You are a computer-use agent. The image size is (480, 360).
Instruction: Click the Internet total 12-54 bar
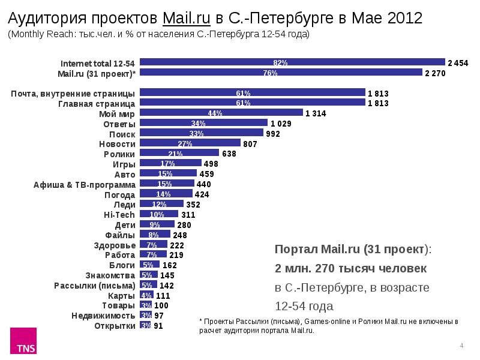tap(292, 62)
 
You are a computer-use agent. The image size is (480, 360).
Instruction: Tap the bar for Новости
tap(190, 143)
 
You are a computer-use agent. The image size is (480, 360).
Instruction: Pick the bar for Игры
tap(170, 163)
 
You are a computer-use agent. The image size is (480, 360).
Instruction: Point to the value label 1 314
tap(316, 113)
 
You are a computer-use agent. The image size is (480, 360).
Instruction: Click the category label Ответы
tap(119, 124)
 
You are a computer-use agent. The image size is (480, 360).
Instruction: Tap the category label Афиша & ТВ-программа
tap(84, 184)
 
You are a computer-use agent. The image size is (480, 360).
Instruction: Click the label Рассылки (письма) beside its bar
tap(94, 285)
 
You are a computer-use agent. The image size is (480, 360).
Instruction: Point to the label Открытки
tap(115, 326)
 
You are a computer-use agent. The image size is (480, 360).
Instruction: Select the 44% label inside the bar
tap(215, 113)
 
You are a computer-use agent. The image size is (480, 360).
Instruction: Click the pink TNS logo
tap(25, 341)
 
